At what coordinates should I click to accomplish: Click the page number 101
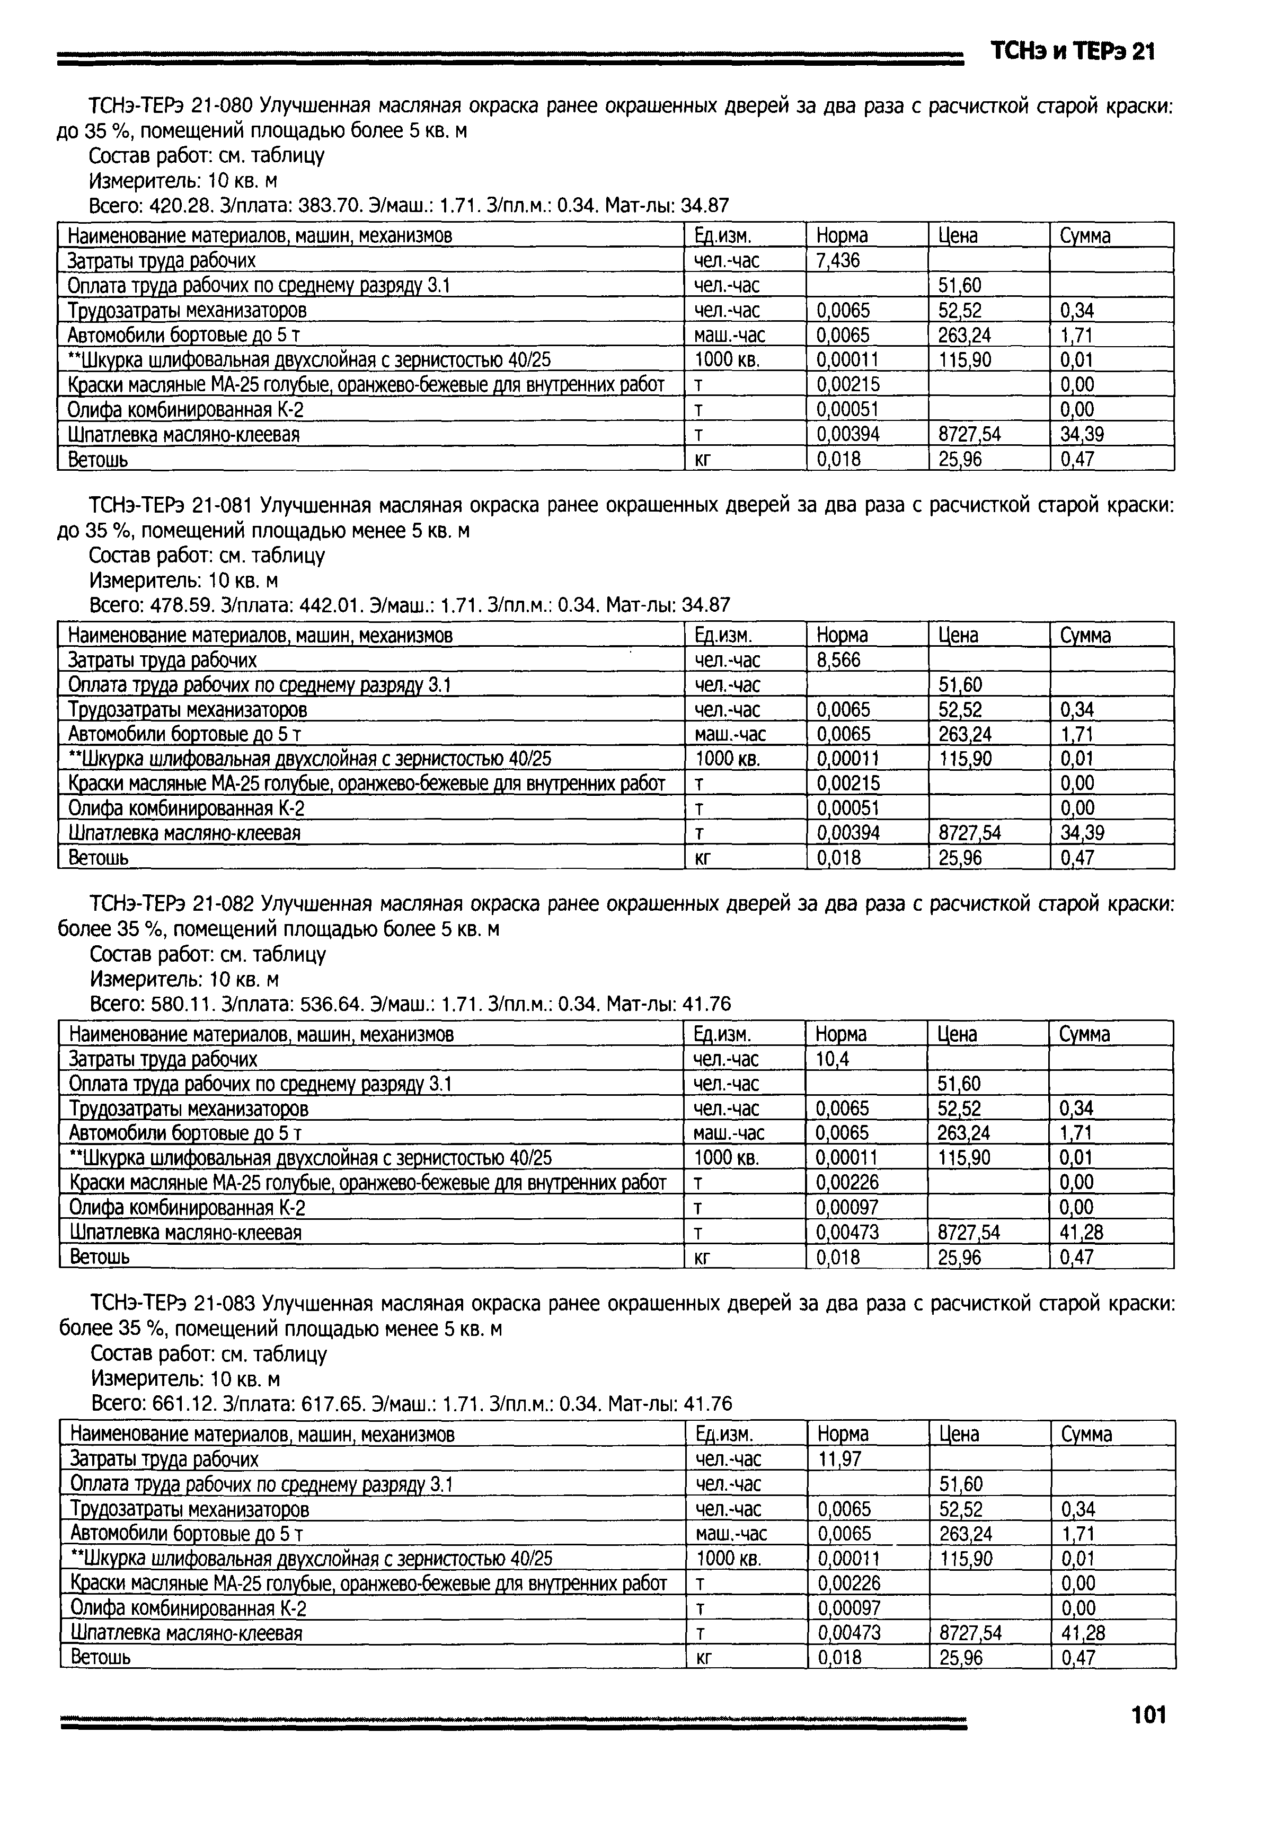(x=1148, y=1715)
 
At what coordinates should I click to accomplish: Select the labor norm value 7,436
(x=838, y=260)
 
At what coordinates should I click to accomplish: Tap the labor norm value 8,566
(x=838, y=660)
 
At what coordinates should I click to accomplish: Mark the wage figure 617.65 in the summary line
(x=330, y=1404)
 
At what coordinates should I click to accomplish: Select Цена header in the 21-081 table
(x=958, y=635)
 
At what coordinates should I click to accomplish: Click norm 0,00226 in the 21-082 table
(x=847, y=1182)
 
